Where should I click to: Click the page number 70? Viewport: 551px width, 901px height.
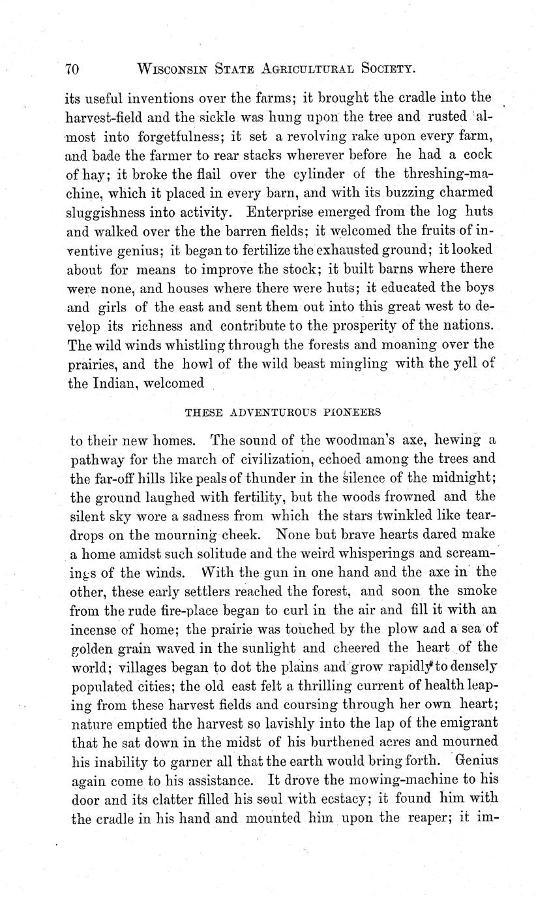pos(71,68)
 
